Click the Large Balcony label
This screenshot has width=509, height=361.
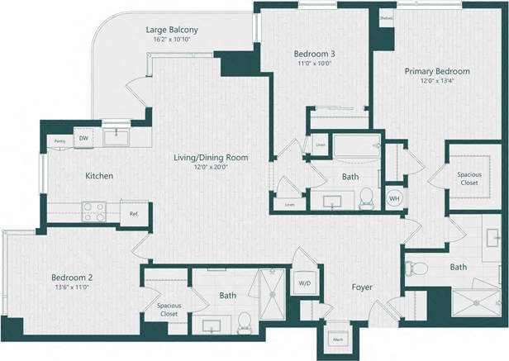click(x=172, y=31)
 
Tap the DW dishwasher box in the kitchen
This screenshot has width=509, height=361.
click(x=83, y=139)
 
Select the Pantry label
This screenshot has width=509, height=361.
click(x=59, y=141)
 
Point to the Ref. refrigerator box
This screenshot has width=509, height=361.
click(x=134, y=213)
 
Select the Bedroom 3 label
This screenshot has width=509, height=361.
click(x=315, y=54)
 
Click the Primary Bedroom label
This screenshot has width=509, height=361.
click(x=436, y=71)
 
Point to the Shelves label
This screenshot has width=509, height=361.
click(x=386, y=17)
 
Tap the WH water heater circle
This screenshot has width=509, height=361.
click(x=394, y=198)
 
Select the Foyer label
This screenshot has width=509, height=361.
click(x=361, y=287)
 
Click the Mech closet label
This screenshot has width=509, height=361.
click(x=338, y=339)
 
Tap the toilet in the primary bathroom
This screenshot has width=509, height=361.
click(x=416, y=268)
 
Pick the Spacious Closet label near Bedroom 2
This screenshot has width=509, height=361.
click(x=169, y=310)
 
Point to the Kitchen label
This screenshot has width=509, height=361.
click(x=98, y=176)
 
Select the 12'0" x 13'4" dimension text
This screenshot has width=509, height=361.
click(x=436, y=81)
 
